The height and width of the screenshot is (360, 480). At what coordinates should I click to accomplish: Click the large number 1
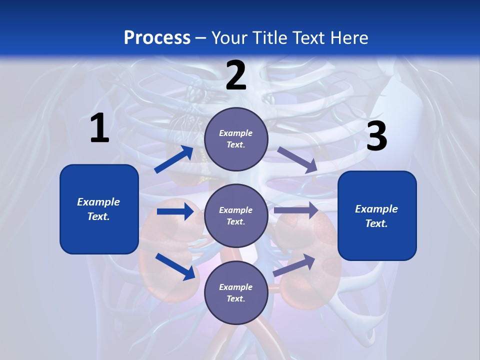point(99,128)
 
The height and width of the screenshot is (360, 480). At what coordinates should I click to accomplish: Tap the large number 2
point(236,75)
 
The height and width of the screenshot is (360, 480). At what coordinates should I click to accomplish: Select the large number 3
point(376,137)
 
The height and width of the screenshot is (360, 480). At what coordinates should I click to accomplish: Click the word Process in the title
point(157,37)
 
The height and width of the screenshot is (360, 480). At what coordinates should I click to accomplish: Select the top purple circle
point(236,139)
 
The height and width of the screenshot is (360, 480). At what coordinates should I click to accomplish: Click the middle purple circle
point(236,215)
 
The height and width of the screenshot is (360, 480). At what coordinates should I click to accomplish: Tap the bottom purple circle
point(236,292)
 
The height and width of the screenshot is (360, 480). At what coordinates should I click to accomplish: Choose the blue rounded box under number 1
point(99,209)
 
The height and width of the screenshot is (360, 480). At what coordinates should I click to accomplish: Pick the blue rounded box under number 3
point(377,216)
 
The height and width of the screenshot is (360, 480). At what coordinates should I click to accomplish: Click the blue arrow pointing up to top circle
point(174,159)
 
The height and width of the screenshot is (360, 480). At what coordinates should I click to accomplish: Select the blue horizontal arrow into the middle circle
point(175,211)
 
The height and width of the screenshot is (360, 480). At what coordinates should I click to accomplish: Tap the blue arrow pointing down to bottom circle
point(175,266)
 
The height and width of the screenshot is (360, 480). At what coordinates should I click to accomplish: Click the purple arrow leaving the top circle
point(297,159)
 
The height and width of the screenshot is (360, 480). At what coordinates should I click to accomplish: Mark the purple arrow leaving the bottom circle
point(294,264)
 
